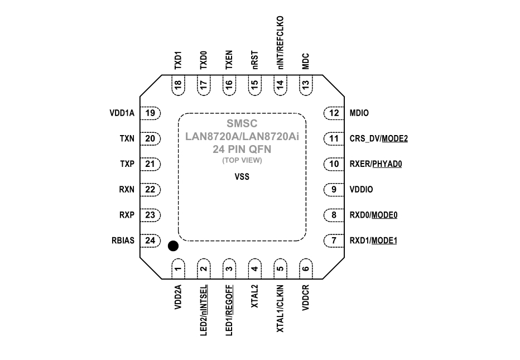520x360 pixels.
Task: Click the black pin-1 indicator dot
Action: pyautogui.click(x=173, y=246)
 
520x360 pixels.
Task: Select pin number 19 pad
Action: pyautogui.click(x=150, y=113)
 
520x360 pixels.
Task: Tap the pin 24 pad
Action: pyautogui.click(x=150, y=241)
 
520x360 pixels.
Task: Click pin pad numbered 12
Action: pyautogui.click(x=334, y=113)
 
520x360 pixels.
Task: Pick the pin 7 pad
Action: pyautogui.click(x=334, y=241)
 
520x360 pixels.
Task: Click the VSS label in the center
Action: pyautogui.click(x=242, y=177)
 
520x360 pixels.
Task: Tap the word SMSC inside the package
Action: pyautogui.click(x=242, y=123)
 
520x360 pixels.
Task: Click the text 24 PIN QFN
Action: pyautogui.click(x=242, y=150)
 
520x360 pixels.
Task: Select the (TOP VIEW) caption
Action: pyautogui.click(x=242, y=161)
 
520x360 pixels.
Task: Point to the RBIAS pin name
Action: pyautogui.click(x=123, y=241)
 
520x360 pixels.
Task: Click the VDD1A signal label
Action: pyautogui.click(x=122, y=113)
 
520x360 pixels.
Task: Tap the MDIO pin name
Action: pyautogui.click(x=358, y=113)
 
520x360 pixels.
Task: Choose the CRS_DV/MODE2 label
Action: pyautogui.click(x=378, y=138)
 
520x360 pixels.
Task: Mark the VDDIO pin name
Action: pyautogui.click(x=360, y=190)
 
